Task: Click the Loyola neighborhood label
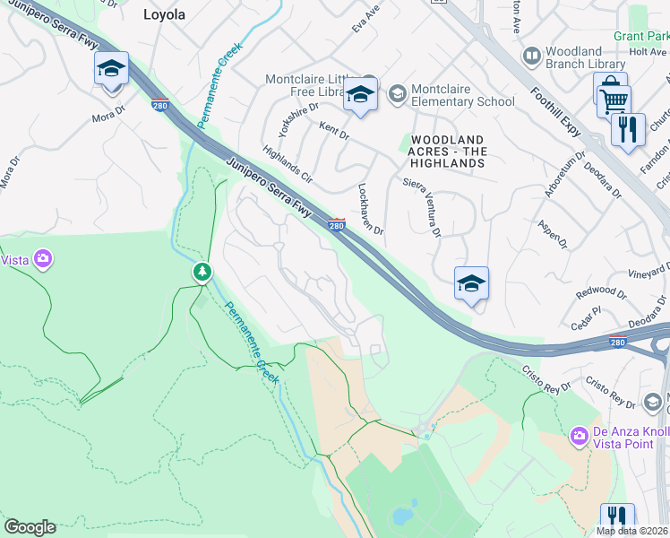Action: pos(165,14)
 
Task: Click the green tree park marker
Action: pos(203,271)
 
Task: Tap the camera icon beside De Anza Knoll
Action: pos(580,436)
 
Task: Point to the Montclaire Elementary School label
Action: pos(463,95)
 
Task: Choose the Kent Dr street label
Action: pos(334,131)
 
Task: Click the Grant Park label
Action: pos(641,37)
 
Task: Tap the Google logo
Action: pos(30,527)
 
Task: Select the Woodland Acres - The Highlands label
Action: pos(448,152)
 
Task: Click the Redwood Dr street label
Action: pos(602,291)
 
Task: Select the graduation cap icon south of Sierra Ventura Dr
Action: pos(470,284)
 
